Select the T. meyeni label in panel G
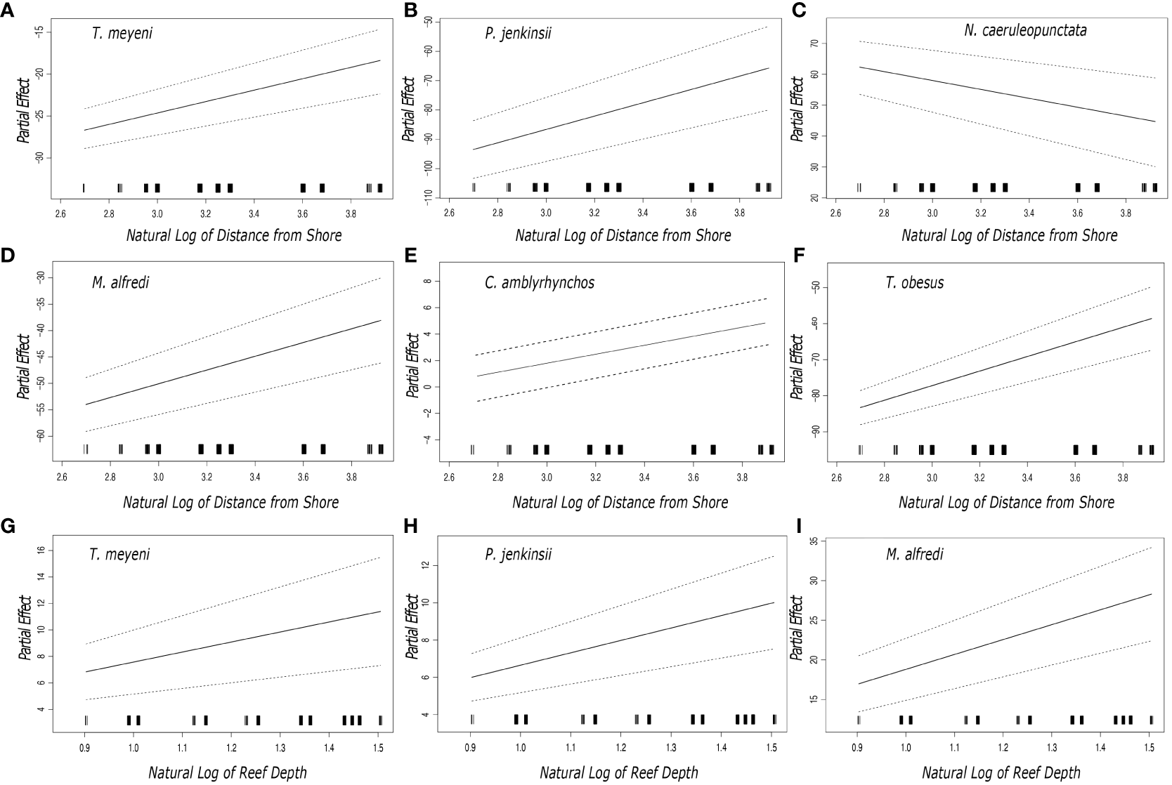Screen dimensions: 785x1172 tap(120, 555)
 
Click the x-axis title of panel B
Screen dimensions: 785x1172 tap(623, 235)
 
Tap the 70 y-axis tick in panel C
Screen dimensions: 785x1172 tap(812, 43)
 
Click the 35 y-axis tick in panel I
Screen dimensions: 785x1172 tap(812, 541)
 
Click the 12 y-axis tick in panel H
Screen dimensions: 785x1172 tap(425, 565)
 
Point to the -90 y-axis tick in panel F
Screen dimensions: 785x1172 tap(812, 432)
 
